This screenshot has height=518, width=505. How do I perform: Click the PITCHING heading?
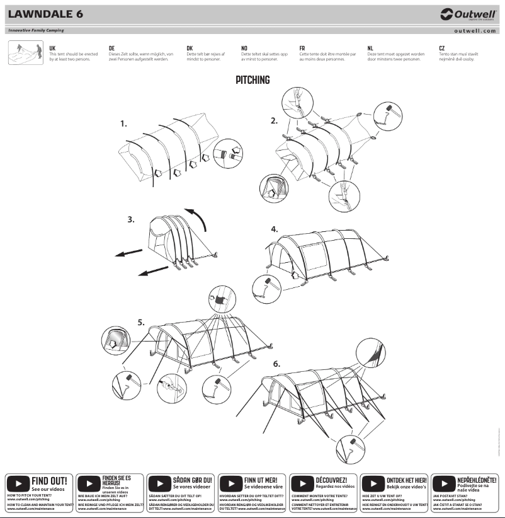tap(252, 80)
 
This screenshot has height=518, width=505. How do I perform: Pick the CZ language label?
tap(442, 48)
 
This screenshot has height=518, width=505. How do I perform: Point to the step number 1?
tap(124, 124)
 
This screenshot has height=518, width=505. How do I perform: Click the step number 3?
tap(131, 220)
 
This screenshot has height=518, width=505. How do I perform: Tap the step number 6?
tap(276, 364)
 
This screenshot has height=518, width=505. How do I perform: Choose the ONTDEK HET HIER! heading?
tap(407, 480)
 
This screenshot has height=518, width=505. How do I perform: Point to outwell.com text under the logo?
tap(475, 30)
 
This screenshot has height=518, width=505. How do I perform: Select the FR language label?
tap(302, 48)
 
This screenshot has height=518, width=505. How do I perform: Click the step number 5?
tap(141, 322)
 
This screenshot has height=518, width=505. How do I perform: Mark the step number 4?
tap(275, 229)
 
